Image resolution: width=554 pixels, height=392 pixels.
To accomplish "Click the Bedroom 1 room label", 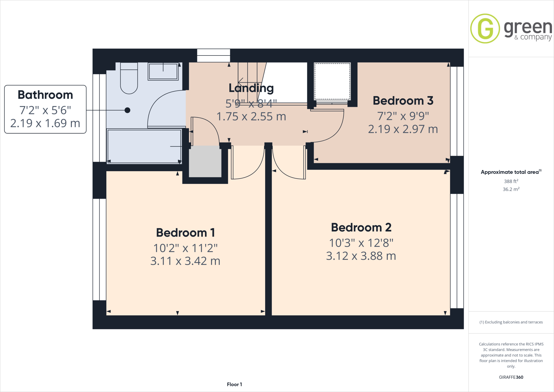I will (186, 233).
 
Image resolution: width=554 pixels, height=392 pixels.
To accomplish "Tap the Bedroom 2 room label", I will (361, 228).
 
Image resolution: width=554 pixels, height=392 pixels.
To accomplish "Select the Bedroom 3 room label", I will (403, 101).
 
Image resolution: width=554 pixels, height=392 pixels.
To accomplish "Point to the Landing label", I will (251, 88).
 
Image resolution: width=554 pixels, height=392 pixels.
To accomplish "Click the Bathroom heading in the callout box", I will (45, 95).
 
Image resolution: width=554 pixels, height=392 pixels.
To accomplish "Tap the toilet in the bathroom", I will (129, 79).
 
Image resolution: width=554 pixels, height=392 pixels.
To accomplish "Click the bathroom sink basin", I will (163, 71).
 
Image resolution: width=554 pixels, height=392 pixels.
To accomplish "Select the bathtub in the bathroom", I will (144, 146).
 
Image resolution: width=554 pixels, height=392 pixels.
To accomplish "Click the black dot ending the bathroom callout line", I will (127, 110).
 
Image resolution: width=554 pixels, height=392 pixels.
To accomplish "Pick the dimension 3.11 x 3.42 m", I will (185, 261).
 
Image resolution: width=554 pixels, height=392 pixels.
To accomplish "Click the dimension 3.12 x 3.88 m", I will (361, 256).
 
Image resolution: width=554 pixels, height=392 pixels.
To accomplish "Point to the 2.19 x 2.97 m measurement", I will (403, 129).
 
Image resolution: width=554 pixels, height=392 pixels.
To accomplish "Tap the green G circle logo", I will (485, 29).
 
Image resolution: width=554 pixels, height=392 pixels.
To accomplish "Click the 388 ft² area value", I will (511, 181).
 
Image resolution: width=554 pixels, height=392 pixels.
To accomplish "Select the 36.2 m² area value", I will (511, 189).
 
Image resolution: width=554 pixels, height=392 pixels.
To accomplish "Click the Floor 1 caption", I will (234, 384).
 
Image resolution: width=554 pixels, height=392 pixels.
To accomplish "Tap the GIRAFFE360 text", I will (511, 377).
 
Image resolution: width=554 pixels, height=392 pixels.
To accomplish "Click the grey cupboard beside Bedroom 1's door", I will (205, 162).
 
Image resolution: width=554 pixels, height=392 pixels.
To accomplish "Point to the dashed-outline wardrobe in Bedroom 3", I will (332, 81).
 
